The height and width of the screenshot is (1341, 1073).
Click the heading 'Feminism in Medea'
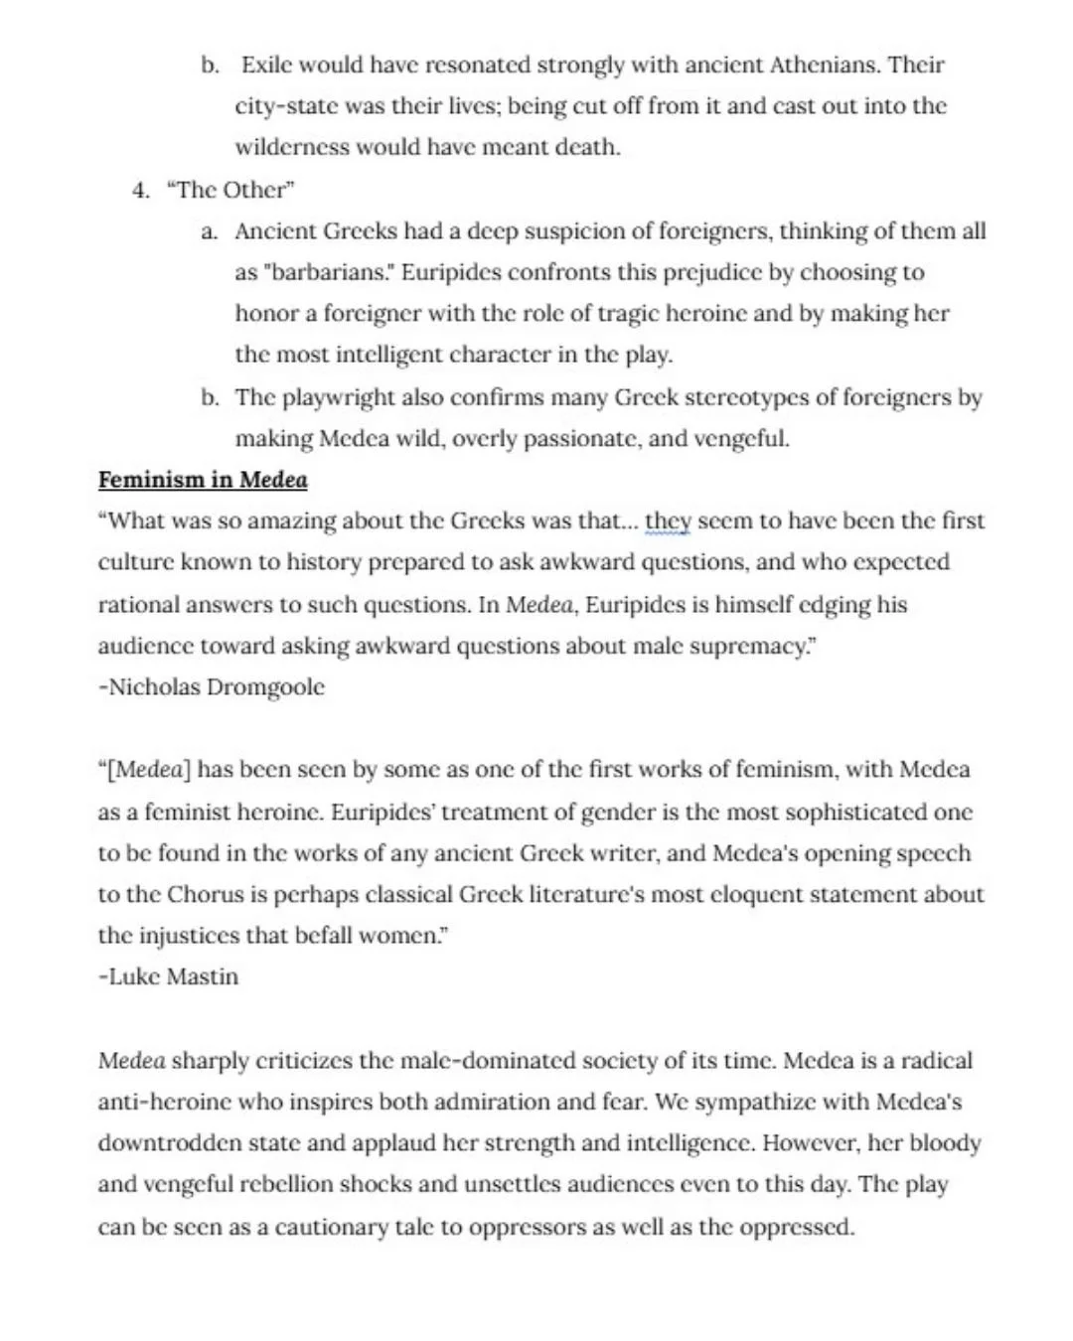203,480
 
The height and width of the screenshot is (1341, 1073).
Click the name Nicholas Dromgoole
213,687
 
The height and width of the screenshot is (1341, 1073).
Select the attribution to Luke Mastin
169,976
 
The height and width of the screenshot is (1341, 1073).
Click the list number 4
140,190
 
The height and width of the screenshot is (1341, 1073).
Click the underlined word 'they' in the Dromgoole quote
668,521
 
